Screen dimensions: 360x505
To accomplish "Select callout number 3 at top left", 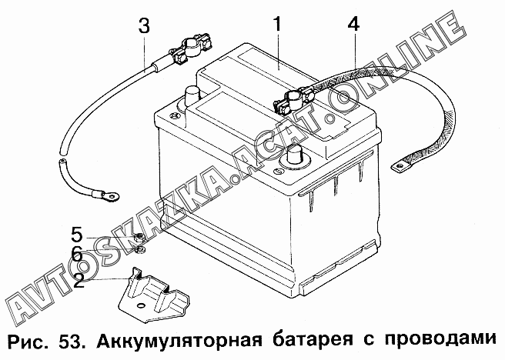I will click(x=144, y=25).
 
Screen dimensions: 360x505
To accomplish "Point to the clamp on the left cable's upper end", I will click(x=186, y=54).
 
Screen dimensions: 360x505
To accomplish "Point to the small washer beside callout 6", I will click(x=139, y=248).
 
